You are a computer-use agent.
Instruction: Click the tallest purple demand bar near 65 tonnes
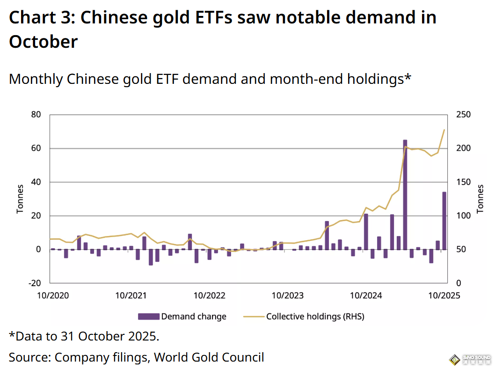(405, 194)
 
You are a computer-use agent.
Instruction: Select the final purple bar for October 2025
(444, 221)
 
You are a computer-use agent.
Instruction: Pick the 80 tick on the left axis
(36, 115)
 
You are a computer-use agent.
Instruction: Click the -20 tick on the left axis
(35, 283)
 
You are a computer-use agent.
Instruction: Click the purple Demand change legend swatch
(149, 317)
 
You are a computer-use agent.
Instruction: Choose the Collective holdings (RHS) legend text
(315, 317)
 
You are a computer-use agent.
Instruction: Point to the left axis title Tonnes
(20, 199)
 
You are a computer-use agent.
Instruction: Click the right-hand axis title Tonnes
(480, 199)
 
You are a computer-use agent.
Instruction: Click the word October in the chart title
(43, 42)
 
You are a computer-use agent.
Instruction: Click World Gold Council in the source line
(209, 357)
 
